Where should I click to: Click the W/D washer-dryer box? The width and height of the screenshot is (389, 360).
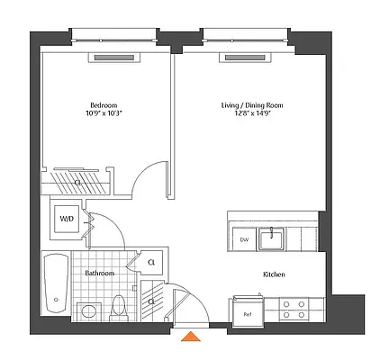(x=67, y=219)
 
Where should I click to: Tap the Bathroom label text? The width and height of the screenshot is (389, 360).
(x=99, y=273)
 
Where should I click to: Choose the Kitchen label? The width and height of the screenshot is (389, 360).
(x=274, y=274)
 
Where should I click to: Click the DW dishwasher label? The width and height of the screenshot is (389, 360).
(x=243, y=240)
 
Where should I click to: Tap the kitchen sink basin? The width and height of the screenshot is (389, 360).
(x=270, y=239)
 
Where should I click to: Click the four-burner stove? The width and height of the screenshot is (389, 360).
(x=293, y=310)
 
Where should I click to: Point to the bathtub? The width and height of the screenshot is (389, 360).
(x=56, y=281)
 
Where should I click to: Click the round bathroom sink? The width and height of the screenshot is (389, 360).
(x=89, y=311)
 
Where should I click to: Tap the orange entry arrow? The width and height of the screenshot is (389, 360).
(x=190, y=337)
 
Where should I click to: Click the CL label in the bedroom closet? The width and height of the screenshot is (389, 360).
(x=77, y=181)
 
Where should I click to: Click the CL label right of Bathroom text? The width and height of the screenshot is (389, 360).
(x=150, y=263)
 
